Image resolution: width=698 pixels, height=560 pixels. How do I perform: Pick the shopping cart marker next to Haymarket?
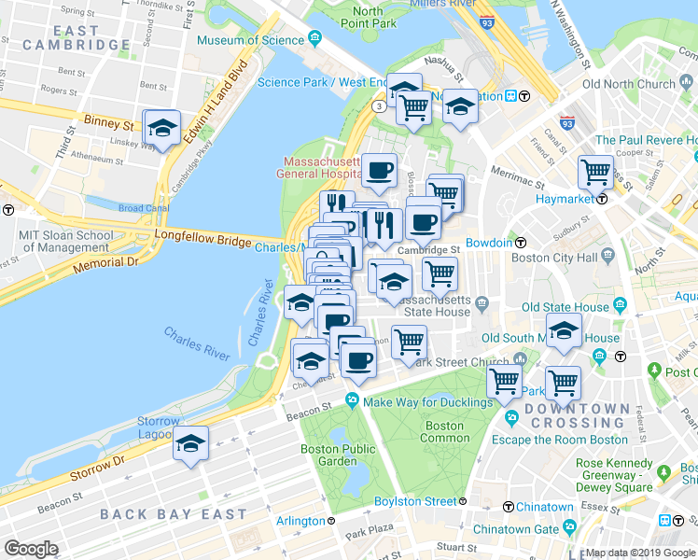595,172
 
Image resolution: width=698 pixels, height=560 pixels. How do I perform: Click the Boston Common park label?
445,431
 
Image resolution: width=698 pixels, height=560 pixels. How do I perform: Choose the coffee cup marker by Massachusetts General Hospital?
379,170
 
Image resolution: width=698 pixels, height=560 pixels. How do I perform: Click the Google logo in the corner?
31,548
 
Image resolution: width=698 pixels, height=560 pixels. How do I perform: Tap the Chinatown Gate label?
516,528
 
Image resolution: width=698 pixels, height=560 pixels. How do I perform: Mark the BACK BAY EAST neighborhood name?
174,514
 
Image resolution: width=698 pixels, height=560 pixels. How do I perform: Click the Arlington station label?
300,520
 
